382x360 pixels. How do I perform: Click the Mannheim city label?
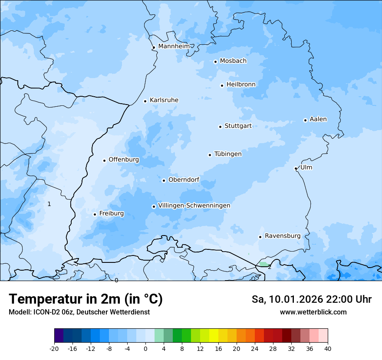(174, 46)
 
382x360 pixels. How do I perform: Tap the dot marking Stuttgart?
(220, 127)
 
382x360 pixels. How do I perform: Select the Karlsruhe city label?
(164, 100)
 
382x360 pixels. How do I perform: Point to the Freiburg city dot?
(95, 214)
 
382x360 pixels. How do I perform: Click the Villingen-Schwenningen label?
(194, 206)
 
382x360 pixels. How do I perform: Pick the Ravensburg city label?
(282, 236)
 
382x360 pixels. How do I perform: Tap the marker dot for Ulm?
(296, 168)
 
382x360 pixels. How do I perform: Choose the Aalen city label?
(318, 119)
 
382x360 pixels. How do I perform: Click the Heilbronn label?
(241, 85)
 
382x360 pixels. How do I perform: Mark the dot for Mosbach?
(215, 62)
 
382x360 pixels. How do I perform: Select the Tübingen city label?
(227, 154)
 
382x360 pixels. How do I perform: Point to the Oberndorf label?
(184, 180)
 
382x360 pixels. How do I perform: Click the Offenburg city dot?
(104, 160)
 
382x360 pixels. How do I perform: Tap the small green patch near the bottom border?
(263, 264)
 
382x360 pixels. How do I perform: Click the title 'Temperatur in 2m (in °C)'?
(86, 299)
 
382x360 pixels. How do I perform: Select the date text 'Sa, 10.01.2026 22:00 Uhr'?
(311, 299)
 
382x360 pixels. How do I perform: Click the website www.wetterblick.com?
(313, 312)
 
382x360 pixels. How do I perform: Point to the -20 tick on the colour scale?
(54, 348)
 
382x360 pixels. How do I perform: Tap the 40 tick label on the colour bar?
(328, 348)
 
